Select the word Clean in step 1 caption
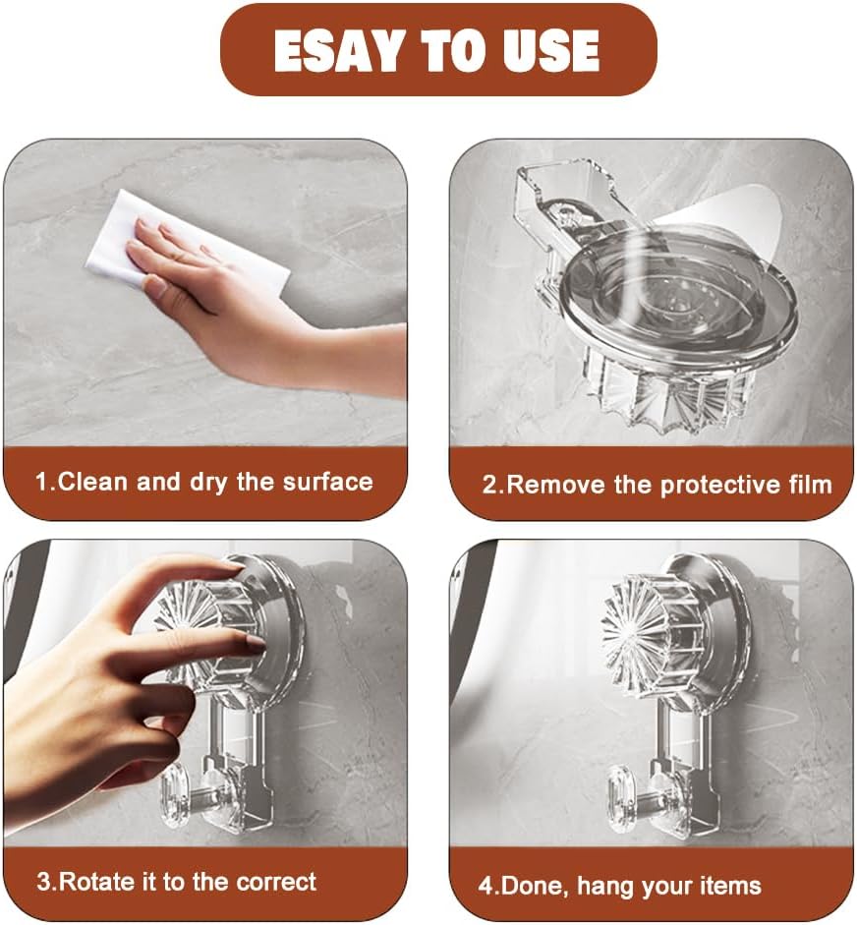tap(93, 482)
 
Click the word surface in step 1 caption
tap(328, 482)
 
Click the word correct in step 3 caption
tap(276, 883)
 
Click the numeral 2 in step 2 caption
tap(490, 485)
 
